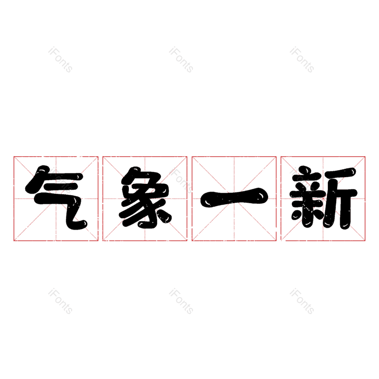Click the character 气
pos(56,198)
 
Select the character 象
pos(145,198)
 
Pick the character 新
pos(323,198)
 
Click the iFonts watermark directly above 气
pos(60,60)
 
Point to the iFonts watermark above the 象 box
pos(181,60)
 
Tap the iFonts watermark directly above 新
pos(302,60)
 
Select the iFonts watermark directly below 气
pos(60,302)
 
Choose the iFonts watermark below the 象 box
pos(181,302)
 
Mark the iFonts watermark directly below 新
pos(302,302)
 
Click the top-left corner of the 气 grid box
pos(14,156)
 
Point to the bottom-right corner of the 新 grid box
pos(365,241)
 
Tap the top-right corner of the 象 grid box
pos(187,156)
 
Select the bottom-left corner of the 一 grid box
pos(192,241)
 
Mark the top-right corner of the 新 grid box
pos(365,156)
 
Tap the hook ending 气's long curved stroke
pos(83,224)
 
